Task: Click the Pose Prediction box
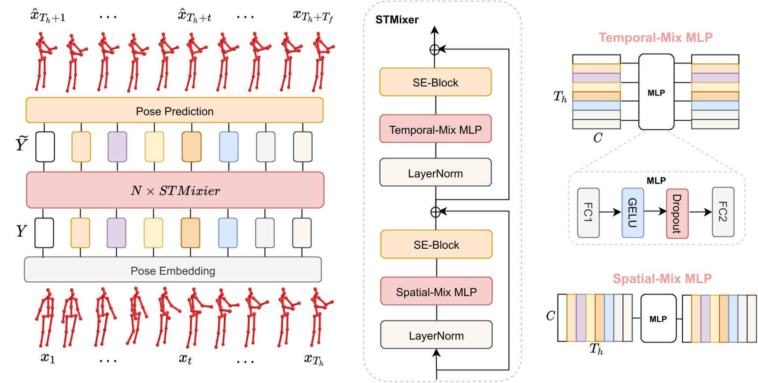(174, 110)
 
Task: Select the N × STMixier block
(175, 190)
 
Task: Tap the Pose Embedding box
(173, 270)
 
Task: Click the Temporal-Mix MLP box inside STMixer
(435, 129)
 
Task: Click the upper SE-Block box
(435, 82)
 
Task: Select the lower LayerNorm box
(436, 335)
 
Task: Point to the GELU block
(632, 213)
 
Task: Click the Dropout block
(677, 214)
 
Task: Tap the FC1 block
(588, 213)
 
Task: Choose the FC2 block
(723, 212)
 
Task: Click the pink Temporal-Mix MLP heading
(655, 38)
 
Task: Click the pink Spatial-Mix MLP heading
(662, 279)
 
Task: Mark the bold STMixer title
(397, 20)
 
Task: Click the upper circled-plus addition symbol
(435, 50)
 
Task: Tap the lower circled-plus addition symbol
(436, 212)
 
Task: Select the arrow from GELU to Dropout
(655, 212)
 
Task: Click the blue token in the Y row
(228, 232)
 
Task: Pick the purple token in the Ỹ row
(117, 147)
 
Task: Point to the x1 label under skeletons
(48, 357)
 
